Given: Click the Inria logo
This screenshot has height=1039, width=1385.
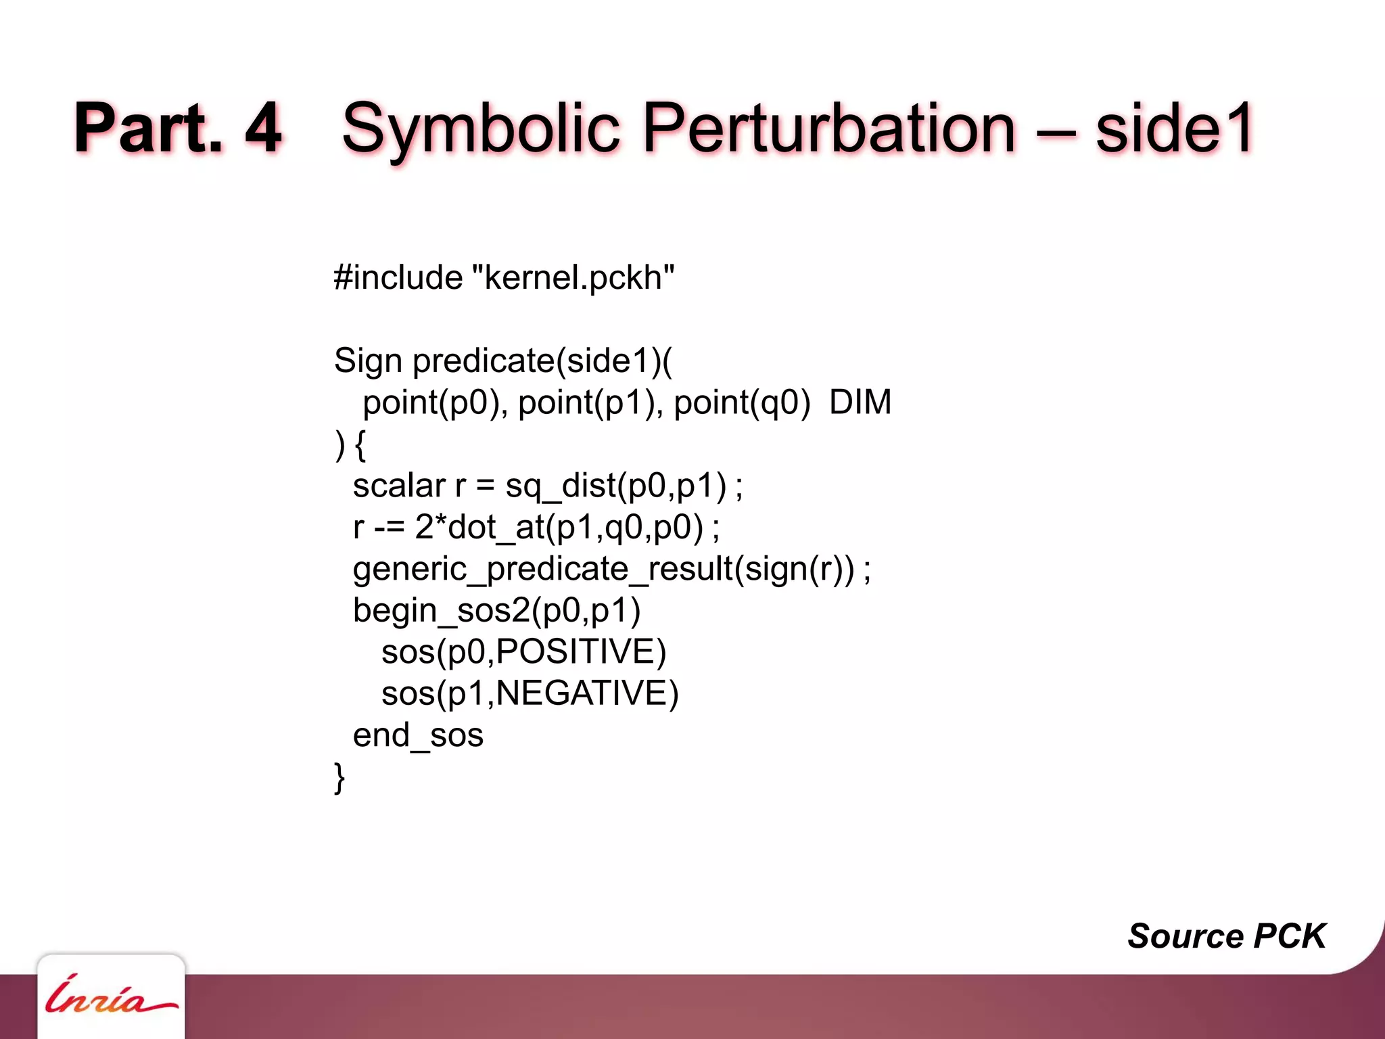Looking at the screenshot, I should [111, 996].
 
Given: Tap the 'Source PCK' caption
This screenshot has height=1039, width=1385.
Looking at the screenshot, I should [1226, 936].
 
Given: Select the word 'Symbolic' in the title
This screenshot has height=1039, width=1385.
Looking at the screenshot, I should [481, 129].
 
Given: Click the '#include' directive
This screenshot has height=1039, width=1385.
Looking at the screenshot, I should [398, 277].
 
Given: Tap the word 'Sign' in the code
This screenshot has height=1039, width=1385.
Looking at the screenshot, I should [368, 361].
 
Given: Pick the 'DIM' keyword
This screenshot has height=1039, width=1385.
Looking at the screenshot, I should [860, 402].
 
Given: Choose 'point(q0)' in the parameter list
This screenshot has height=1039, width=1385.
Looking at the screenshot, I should [742, 403].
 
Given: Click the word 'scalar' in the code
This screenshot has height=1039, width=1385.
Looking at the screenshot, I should [399, 486].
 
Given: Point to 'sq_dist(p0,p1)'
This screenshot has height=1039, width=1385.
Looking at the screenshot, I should [615, 486].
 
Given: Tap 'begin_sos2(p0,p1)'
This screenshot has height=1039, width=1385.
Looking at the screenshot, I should [496, 611].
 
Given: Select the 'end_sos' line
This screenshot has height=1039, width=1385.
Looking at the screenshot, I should [418, 735].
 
